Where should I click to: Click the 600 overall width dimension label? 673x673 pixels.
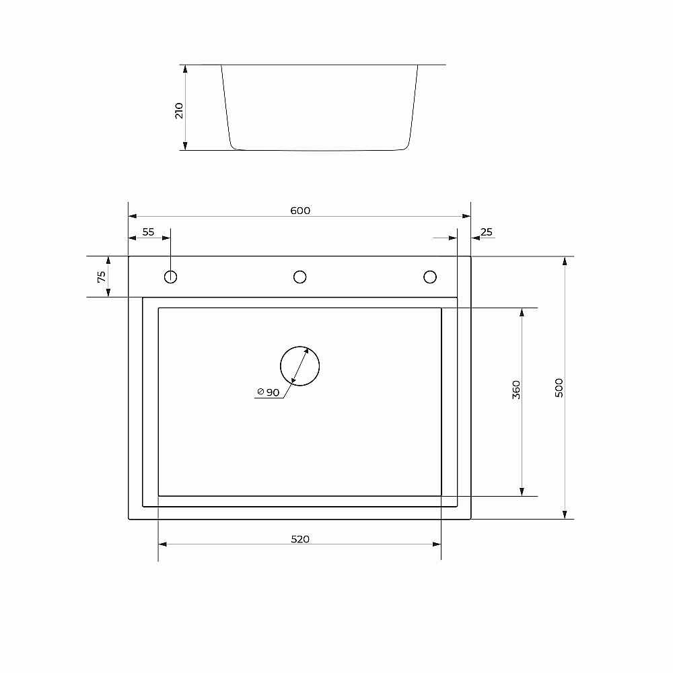pos(300,211)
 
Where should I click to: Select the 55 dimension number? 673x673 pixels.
pos(149,232)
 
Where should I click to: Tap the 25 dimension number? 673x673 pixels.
pos(487,232)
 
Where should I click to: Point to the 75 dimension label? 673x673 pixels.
pos(102,277)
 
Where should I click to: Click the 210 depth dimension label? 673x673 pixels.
pos(179,110)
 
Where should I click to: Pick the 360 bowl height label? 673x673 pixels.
pos(516,390)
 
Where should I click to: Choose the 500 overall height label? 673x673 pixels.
pos(559,388)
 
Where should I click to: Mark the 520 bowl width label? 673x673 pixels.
pos(300,539)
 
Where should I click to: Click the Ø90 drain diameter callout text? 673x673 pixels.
pos(269,393)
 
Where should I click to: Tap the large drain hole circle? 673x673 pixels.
pos(299,366)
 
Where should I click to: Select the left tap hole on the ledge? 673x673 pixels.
pos(171,277)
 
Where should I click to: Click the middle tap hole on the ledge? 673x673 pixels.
pos(300,277)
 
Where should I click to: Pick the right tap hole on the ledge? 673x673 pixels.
pos(429,277)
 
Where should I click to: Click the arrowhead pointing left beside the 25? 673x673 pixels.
pos(475,238)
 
